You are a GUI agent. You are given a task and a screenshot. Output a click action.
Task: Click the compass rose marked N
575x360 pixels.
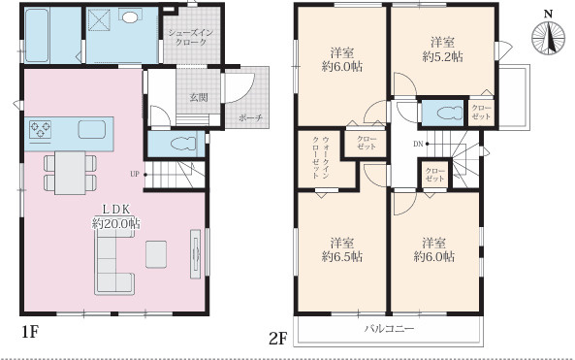click(548, 38)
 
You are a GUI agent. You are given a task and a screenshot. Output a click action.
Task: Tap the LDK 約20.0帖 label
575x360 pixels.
click(116, 216)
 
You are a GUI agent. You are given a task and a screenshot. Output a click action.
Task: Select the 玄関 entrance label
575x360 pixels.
click(199, 97)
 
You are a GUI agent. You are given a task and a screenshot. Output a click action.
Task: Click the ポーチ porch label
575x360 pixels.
click(251, 117)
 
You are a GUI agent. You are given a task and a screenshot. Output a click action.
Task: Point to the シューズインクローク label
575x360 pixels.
click(191, 38)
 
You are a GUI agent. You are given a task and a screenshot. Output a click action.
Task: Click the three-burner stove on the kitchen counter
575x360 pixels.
click(41, 129)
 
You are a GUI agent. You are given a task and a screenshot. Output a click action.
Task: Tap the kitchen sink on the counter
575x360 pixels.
click(92, 129)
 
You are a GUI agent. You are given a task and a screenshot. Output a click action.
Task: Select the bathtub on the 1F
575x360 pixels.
click(37, 35)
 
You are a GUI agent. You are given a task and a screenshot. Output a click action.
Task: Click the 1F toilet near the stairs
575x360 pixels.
click(183, 144)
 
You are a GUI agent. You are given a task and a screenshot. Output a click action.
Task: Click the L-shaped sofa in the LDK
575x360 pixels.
click(114, 264)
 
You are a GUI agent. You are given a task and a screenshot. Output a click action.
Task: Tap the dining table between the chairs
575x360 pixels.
click(70, 173)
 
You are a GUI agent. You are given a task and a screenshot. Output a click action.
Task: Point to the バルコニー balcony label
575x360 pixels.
click(389, 328)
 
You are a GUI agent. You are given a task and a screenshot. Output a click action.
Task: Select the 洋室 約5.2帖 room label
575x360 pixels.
click(442, 49)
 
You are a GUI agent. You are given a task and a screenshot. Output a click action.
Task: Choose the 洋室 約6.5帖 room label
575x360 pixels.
click(342, 249)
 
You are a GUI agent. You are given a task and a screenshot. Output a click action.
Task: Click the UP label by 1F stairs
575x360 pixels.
click(135, 174)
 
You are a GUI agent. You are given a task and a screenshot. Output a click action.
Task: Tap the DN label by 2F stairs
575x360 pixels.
click(419, 144)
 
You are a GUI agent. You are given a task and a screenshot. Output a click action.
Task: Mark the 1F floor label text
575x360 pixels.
click(30, 332)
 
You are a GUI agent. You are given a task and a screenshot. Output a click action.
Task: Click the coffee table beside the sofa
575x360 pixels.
click(156, 254)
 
